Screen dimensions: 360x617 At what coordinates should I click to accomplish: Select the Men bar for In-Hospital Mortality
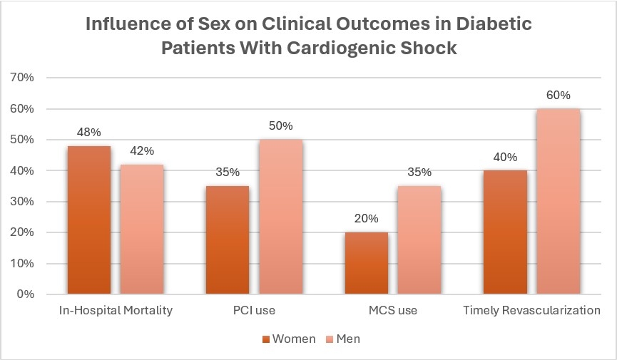pos(141,229)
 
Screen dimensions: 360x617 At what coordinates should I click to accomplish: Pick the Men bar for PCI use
pos(280,217)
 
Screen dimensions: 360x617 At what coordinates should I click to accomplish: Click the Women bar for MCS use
pos(366,263)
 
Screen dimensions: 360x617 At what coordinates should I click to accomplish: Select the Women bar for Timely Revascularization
pos(505,232)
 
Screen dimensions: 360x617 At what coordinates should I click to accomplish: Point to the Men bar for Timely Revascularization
pos(558,201)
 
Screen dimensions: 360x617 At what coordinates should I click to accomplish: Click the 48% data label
pos(88,133)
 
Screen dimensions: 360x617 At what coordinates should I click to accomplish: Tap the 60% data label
pos(558,96)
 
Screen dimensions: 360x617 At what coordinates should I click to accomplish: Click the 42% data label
pos(141,151)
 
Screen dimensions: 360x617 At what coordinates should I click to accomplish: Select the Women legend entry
pos(289,339)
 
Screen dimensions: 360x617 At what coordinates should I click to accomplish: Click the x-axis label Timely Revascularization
pos(531,311)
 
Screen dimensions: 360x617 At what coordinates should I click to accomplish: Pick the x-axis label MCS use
pos(392,311)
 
